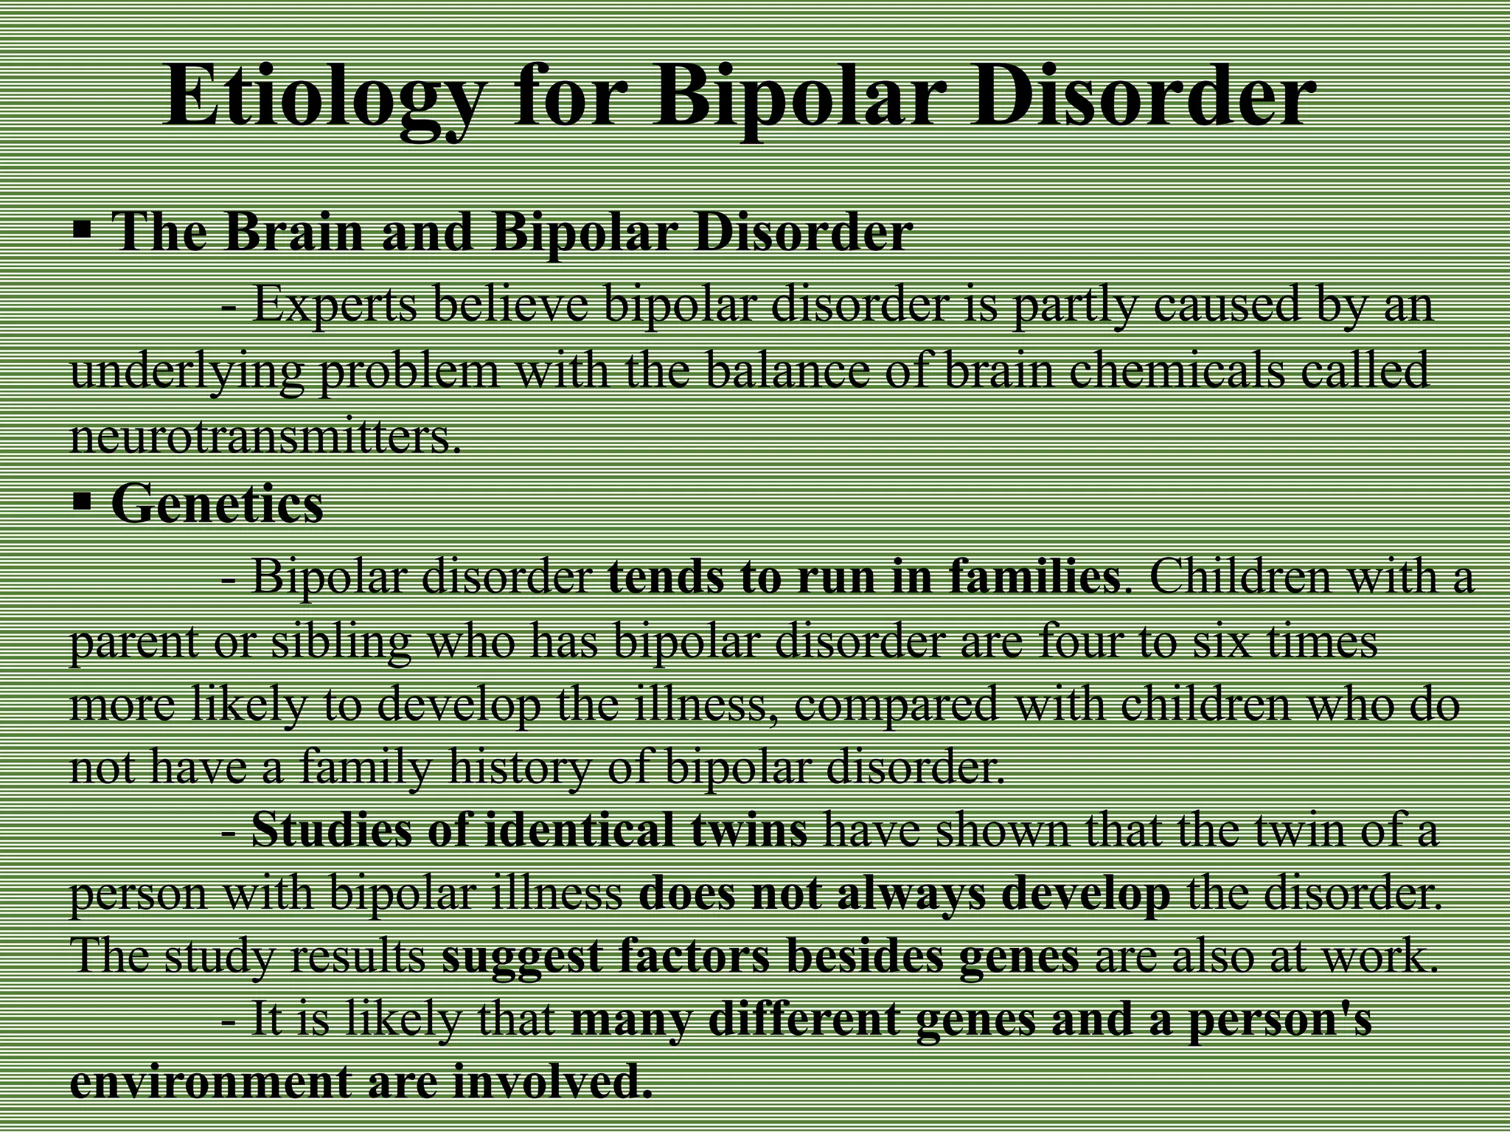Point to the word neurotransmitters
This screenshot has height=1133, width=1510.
[265, 437]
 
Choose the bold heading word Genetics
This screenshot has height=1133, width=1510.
[218, 504]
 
